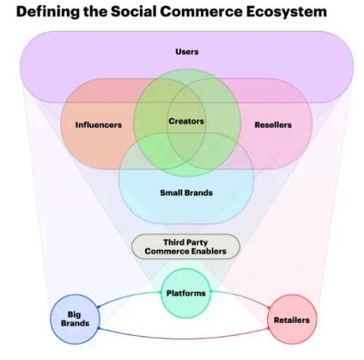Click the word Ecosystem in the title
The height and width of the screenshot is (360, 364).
click(286, 12)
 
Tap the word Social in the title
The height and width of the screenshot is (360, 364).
click(133, 12)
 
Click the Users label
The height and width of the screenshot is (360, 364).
click(187, 52)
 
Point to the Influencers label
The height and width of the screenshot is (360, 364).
click(98, 125)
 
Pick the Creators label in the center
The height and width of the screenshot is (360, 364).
click(186, 121)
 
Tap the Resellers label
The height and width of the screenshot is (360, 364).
click(273, 125)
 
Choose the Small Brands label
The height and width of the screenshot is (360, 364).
click(186, 193)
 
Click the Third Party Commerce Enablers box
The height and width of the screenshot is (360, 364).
click(186, 246)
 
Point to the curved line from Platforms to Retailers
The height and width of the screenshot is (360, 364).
click(242, 296)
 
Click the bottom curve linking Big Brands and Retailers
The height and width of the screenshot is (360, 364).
click(183, 338)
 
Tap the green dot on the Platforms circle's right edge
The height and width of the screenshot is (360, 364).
click(211, 291)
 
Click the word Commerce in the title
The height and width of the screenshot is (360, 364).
click(201, 12)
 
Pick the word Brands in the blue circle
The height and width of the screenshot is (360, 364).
click(75, 324)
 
